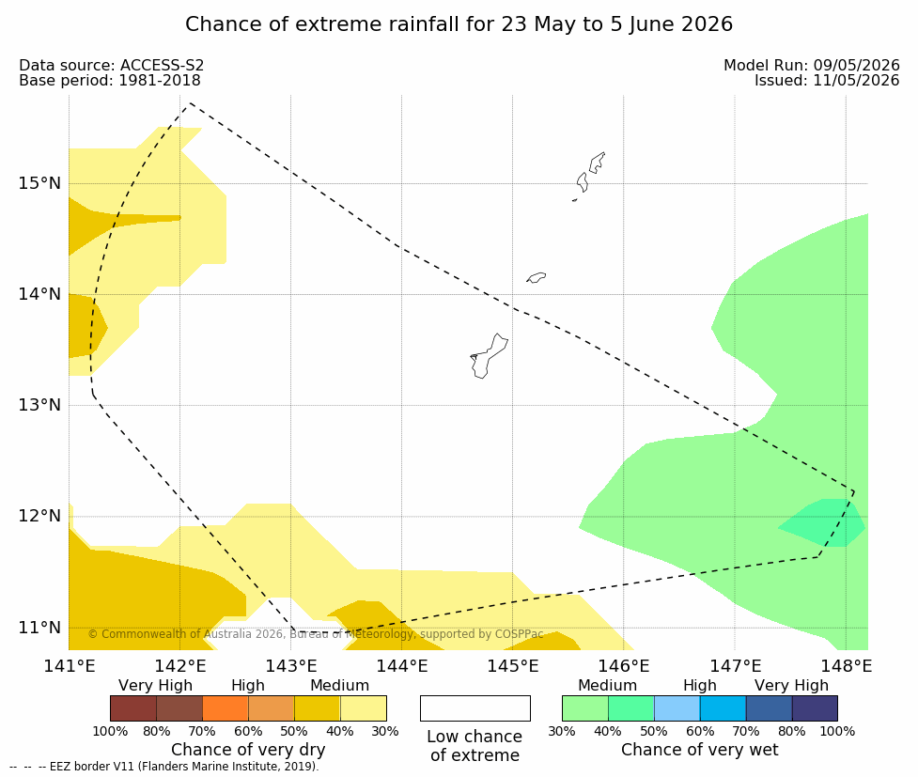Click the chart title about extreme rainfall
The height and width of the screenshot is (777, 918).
pos(459,24)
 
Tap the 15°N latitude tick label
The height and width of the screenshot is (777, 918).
pos(39,183)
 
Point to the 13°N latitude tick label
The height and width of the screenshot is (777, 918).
pos(39,405)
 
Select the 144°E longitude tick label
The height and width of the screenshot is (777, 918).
pos(402,666)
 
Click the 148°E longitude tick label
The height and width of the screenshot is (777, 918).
pos(846,666)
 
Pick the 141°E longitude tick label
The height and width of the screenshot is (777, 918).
pos(70,666)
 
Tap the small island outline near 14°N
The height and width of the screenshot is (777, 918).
pos(537,277)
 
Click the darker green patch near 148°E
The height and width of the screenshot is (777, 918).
pos(822,523)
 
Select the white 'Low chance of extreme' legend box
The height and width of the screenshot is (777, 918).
pos(475,708)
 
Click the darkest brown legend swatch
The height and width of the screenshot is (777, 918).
pos(133,708)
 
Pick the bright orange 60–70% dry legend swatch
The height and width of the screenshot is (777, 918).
pos(226,708)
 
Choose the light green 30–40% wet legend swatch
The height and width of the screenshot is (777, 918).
pos(584,708)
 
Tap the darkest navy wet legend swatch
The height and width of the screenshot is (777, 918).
pos(815,708)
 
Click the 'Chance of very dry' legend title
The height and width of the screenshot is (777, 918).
pos(248,750)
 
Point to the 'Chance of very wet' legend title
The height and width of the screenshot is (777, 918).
pos(700,750)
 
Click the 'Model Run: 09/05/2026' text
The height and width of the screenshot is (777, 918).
pos(812,65)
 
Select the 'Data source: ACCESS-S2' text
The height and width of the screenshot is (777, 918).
pos(111,65)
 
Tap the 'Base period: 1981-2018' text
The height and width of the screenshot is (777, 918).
pos(110,80)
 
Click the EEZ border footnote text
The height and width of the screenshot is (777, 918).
pos(164,767)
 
